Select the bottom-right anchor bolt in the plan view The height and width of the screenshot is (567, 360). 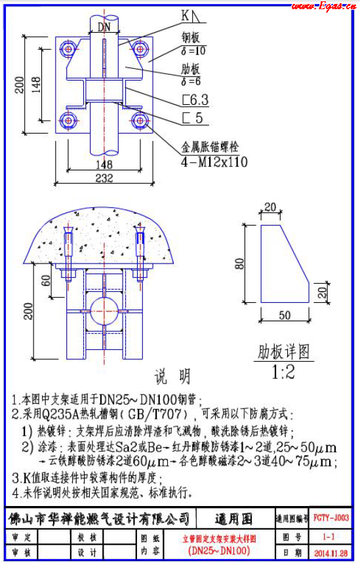(140, 120)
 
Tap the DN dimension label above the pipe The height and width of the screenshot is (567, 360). (104, 27)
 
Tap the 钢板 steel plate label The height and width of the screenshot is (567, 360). (191, 37)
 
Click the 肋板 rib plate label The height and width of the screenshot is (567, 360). (191, 69)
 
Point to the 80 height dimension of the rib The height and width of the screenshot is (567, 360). (241, 264)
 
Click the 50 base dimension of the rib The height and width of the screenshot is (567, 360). (285, 315)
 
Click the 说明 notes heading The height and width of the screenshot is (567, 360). (172, 376)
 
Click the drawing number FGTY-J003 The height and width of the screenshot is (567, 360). (331, 518)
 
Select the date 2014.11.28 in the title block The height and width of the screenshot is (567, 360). (331, 553)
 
